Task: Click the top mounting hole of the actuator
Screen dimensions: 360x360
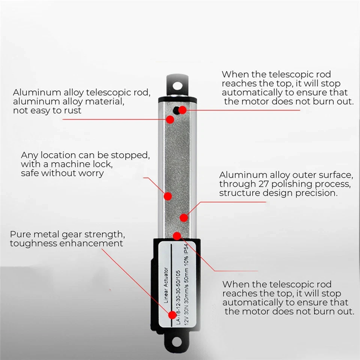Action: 178,85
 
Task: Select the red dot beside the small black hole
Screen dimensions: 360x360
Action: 182,110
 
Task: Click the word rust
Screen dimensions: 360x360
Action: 71,111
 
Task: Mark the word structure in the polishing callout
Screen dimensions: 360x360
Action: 237,193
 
